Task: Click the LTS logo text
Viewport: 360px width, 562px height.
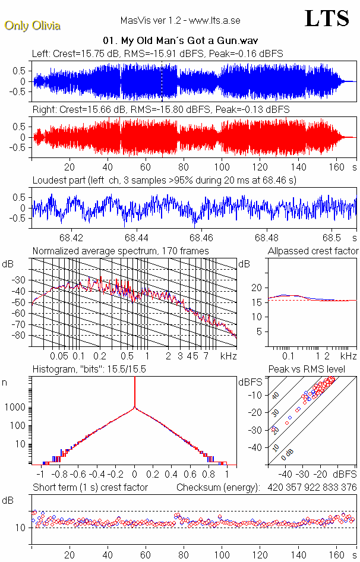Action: (327, 19)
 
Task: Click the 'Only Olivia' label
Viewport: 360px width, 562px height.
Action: (32, 26)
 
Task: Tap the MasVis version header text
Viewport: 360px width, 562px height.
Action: (180, 21)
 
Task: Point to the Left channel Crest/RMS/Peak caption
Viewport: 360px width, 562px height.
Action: (157, 53)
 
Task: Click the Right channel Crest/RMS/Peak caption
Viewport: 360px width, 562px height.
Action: (161, 110)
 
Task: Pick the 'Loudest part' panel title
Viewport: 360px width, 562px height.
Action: (164, 180)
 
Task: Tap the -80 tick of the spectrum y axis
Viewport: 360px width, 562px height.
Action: (21, 336)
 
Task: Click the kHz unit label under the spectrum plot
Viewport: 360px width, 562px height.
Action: (229, 356)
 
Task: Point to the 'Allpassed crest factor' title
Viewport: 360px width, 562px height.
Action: (313, 251)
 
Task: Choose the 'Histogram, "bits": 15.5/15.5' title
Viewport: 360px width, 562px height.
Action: (89, 370)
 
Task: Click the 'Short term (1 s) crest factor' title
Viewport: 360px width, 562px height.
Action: (90, 488)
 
